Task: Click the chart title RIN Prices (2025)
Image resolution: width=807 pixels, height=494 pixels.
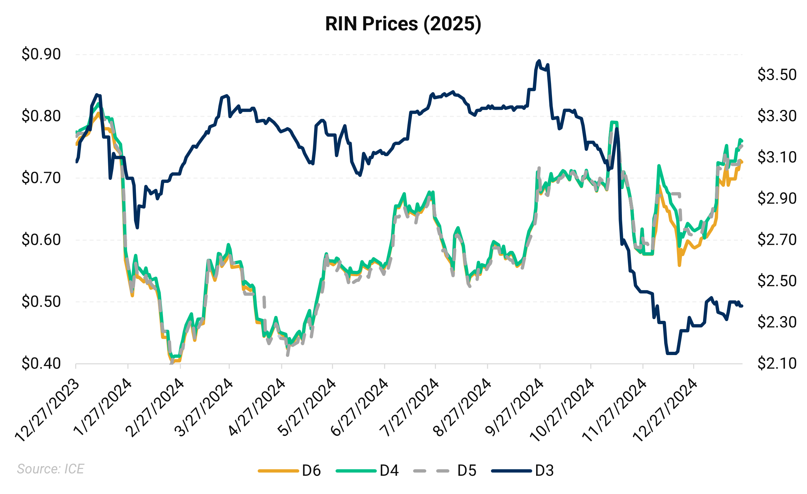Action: tap(403, 24)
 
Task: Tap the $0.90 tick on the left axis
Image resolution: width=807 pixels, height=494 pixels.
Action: tap(41, 54)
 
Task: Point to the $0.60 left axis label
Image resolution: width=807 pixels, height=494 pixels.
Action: tap(41, 240)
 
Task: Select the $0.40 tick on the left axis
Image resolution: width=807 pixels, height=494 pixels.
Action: tap(41, 364)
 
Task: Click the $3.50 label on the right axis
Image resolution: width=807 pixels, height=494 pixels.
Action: tap(777, 75)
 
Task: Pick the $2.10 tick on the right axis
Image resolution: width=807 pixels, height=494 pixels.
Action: tap(777, 364)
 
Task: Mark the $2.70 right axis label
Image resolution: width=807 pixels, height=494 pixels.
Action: tap(777, 240)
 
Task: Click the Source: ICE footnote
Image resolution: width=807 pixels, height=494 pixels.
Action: tap(50, 469)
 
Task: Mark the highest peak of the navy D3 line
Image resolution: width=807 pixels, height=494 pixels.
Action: tap(539, 61)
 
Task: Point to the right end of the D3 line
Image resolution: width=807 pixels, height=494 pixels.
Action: tap(742, 306)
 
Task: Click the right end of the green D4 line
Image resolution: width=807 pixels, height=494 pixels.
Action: tap(742, 141)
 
